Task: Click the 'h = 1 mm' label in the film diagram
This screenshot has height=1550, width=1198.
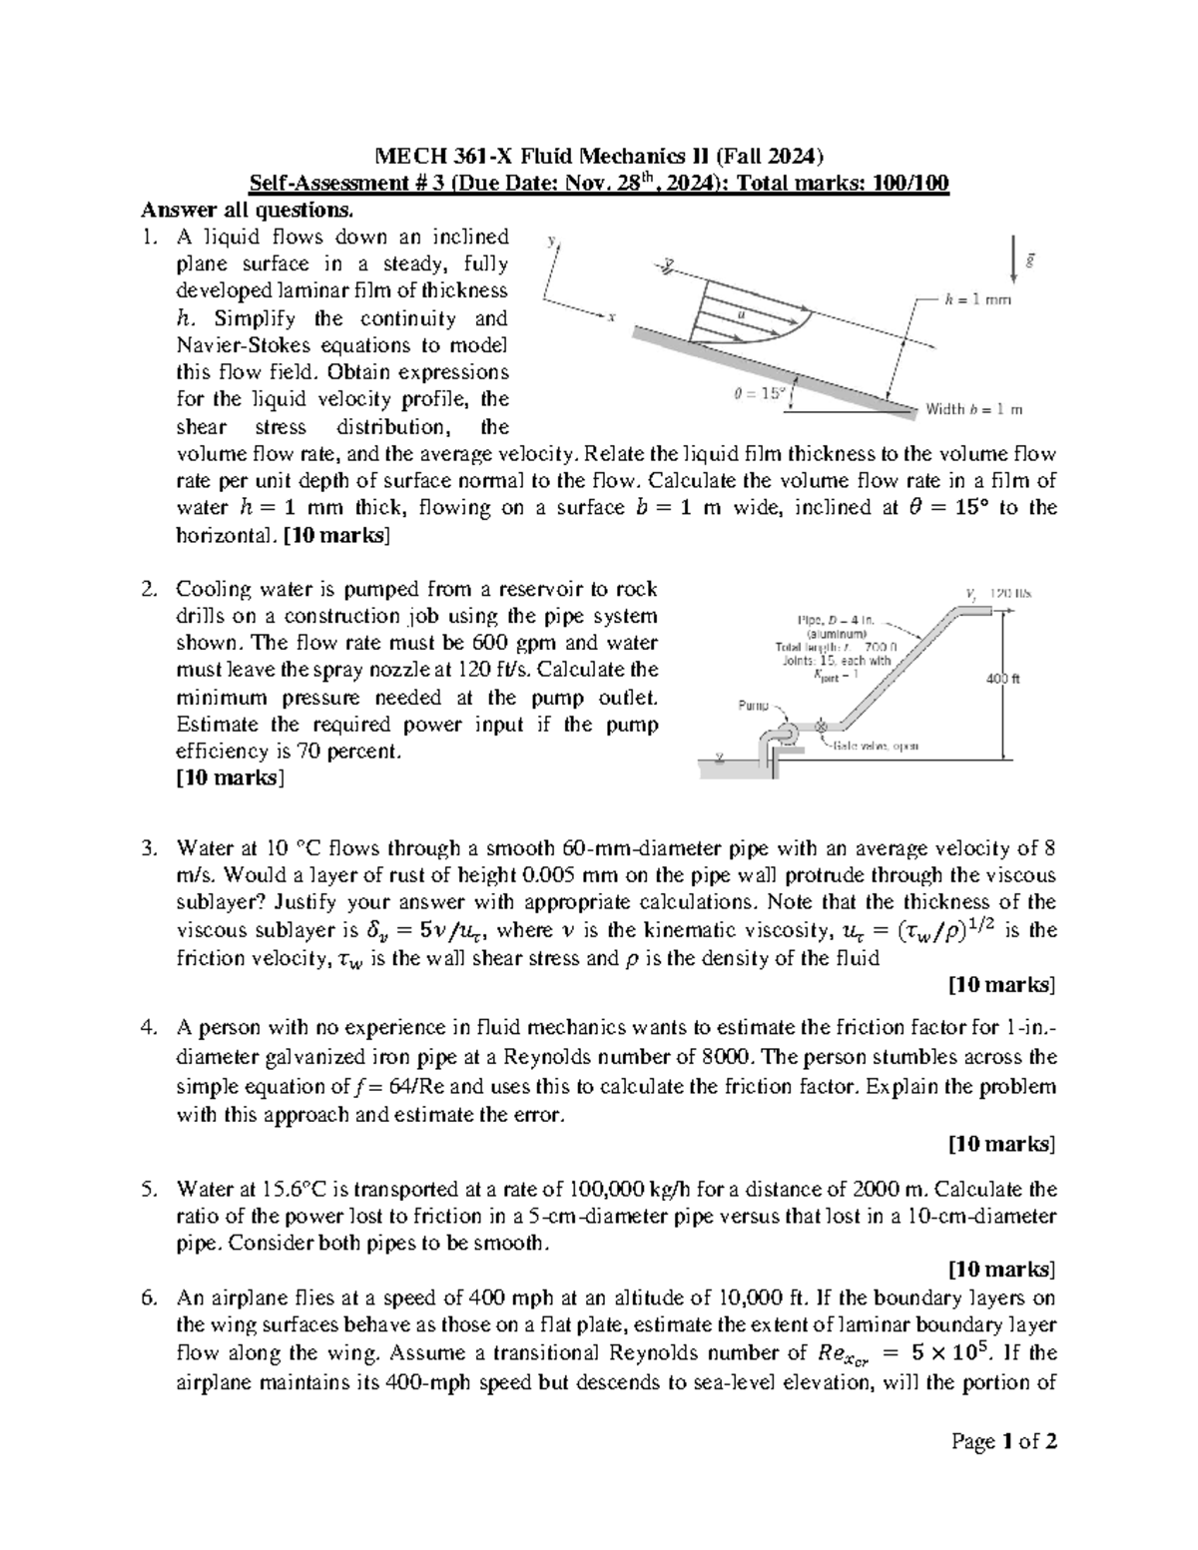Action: pos(978,299)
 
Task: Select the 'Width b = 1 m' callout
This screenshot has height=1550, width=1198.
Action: pos(974,409)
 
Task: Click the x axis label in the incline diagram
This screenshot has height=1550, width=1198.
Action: pos(612,318)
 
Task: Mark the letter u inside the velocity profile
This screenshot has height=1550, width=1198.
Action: pos(741,313)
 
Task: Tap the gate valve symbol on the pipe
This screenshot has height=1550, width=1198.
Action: pos(822,726)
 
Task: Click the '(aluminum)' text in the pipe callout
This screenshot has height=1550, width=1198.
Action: pos(837,633)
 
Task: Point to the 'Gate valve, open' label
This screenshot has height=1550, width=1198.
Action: pos(877,746)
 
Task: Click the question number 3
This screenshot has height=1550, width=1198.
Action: pos(149,849)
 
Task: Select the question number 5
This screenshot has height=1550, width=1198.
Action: pos(149,1190)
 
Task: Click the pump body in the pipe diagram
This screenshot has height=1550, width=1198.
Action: pos(786,734)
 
